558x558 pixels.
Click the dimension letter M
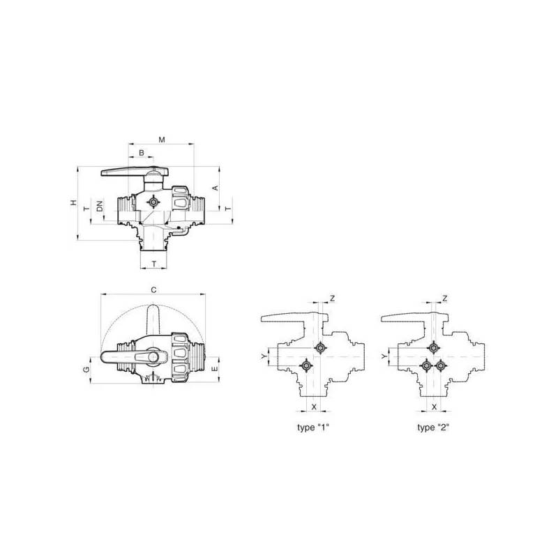pos(162,139)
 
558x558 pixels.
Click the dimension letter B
pos(142,153)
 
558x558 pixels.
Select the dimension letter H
pos(73,202)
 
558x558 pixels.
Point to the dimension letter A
pos(216,188)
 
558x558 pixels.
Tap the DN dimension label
pos(100,206)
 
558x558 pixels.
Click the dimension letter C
pos(153,290)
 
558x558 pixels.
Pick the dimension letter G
pos(86,370)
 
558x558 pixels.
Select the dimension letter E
pos(215,369)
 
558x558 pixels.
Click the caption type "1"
pos(313,427)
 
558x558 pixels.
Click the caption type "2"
pos(433,427)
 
